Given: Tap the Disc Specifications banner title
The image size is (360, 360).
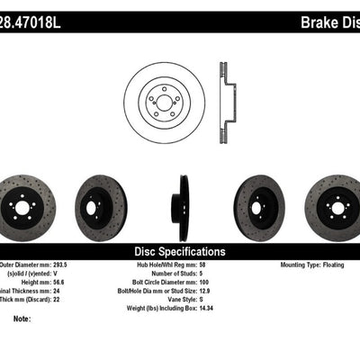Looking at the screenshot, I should click(180, 252).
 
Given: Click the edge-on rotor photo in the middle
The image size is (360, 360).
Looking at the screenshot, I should click(184, 208).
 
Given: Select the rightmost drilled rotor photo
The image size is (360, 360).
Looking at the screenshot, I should click(337, 208).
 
